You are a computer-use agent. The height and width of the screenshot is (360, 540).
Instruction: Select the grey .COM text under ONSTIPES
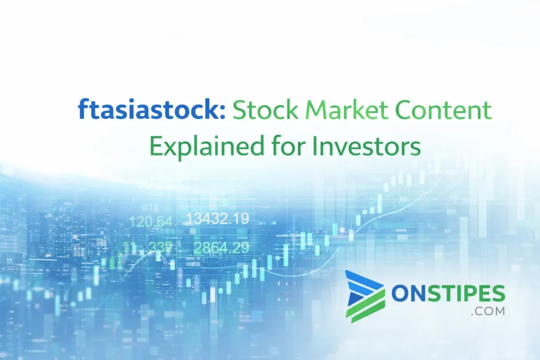(x=488, y=311)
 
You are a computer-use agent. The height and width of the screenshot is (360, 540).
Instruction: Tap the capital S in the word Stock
(x=240, y=112)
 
